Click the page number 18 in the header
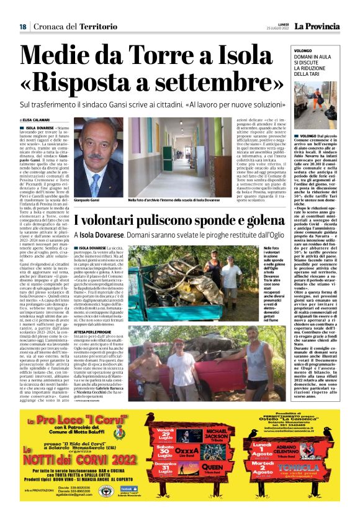point(22,26)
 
